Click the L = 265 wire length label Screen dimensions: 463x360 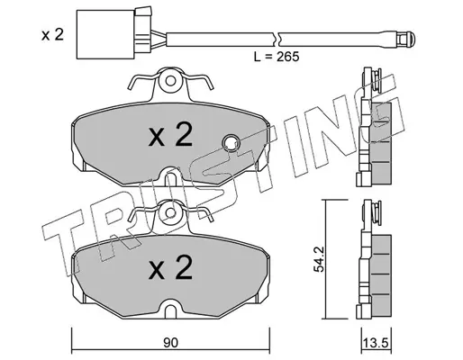[277, 57]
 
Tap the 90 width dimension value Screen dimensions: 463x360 [171, 343]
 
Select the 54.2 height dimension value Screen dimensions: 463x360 [319, 259]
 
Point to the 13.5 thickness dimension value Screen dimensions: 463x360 [376, 343]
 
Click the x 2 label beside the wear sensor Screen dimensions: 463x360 [52, 35]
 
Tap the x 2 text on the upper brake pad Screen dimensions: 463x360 [170, 135]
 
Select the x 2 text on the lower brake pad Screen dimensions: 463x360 [170, 267]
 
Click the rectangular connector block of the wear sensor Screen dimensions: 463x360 [105, 34]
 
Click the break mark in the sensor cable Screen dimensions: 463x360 [277, 40]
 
